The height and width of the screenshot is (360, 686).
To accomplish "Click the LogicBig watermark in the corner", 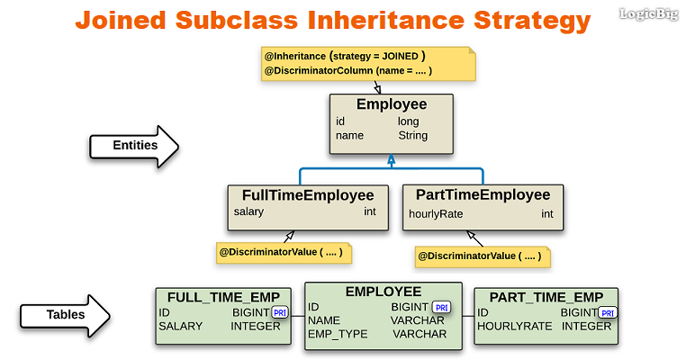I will point(649,13).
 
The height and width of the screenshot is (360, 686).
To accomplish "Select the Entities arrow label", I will point(135,145).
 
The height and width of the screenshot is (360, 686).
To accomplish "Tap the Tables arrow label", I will point(67,315).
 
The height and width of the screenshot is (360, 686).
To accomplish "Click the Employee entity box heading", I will point(391,104).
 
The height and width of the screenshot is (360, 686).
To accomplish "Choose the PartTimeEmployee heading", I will point(483,194).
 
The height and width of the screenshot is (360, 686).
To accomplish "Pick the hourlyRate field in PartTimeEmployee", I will point(436,214).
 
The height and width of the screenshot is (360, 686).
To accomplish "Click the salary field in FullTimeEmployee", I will point(248,212).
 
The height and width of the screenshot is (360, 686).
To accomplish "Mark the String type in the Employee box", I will point(413,136).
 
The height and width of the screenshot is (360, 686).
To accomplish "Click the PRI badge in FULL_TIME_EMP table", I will point(279,312).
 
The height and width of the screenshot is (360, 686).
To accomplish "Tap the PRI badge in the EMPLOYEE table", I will point(441,307).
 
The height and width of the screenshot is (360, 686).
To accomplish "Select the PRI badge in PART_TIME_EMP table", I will point(609,313).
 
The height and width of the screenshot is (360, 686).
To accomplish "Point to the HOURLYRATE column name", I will point(514,327).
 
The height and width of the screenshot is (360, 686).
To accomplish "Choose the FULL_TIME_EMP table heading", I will point(224,297).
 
